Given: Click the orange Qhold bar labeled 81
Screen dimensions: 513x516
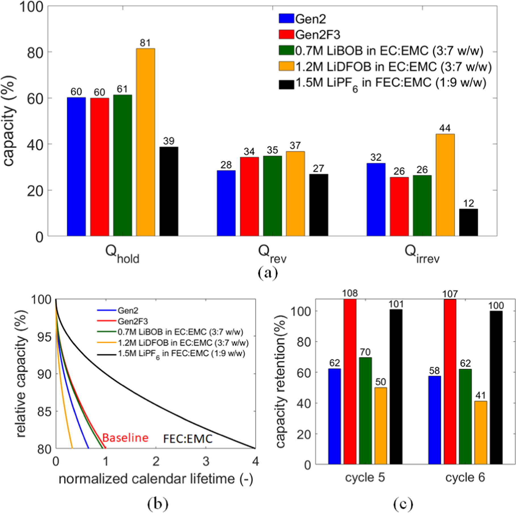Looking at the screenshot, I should click(x=145, y=142).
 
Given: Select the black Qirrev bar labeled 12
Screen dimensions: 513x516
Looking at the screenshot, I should click(x=468, y=223).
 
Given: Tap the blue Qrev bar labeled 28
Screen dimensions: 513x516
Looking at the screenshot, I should click(x=226, y=203).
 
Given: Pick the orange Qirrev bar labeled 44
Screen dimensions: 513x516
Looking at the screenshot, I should click(x=445, y=185).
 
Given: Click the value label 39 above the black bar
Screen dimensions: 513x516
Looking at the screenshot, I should click(x=169, y=141).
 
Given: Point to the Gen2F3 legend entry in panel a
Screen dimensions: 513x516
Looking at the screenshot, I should click(x=317, y=35).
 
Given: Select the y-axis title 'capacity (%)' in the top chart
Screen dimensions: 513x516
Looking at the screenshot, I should click(x=9, y=121).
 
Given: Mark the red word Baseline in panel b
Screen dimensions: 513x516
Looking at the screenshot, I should click(x=125, y=438).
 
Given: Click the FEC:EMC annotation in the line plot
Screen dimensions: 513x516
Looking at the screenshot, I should click(x=188, y=439).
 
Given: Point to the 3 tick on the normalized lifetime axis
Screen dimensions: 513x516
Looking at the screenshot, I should click(x=206, y=461).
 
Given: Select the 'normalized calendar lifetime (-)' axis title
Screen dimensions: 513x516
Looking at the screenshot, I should click(x=156, y=479).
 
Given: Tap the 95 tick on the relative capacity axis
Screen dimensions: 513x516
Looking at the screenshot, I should click(x=44, y=337).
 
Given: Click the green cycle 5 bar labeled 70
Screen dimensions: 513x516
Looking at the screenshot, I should click(x=365, y=410).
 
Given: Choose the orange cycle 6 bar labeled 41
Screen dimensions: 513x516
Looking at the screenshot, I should click(x=481, y=432).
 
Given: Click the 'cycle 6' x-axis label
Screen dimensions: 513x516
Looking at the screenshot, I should click(x=465, y=477).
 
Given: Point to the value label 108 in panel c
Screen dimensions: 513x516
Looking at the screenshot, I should click(x=350, y=293).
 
